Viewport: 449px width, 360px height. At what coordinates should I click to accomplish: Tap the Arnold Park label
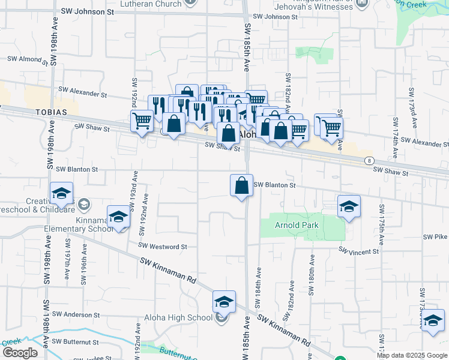coord(294,226)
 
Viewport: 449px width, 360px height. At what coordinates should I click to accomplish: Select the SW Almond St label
coord(27,59)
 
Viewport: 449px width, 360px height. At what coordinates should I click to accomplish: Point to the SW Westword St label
coord(163,247)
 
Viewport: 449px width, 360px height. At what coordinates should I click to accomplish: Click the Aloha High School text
coord(178,317)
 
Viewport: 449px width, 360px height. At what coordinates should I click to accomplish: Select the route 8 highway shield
coord(369,161)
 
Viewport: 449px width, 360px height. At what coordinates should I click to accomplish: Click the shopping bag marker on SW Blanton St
coord(241,185)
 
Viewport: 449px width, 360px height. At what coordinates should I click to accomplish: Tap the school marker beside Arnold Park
coord(349,206)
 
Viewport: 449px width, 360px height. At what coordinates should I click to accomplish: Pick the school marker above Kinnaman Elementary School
coord(119,217)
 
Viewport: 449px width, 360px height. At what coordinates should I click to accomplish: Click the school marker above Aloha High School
coord(224,301)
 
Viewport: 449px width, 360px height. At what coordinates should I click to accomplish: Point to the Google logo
coord(20,353)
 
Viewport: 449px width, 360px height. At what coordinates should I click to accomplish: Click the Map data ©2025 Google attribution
coord(412,355)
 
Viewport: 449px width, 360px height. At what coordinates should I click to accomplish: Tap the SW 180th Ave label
coord(312,274)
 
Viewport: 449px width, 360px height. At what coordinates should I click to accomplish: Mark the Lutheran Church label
coord(151,4)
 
